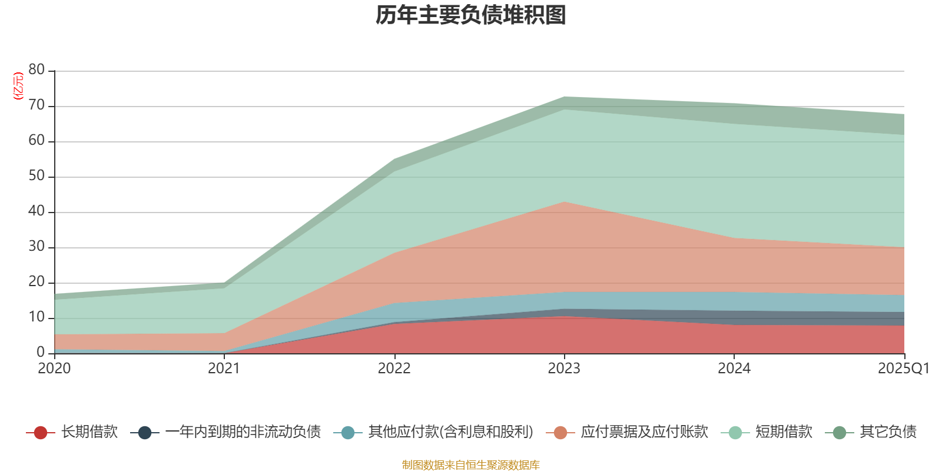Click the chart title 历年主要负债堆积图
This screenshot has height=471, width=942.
471,15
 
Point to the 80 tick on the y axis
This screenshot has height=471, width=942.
37,70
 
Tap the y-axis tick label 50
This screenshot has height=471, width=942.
37,176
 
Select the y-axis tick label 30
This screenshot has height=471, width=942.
37,247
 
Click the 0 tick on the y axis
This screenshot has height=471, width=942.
41,352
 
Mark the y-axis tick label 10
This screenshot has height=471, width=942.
37,317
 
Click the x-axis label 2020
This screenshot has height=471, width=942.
54,369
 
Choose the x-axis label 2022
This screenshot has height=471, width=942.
394,369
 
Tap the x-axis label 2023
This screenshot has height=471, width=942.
564,369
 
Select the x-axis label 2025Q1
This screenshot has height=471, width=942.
903,369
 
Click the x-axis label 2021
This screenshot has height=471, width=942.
224,369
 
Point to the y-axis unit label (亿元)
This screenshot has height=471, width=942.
18,86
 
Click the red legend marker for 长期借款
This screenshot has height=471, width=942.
41,433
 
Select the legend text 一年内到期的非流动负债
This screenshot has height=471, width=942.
243,432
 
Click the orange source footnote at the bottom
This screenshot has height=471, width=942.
471,465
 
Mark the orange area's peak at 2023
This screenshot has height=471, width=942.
564,203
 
